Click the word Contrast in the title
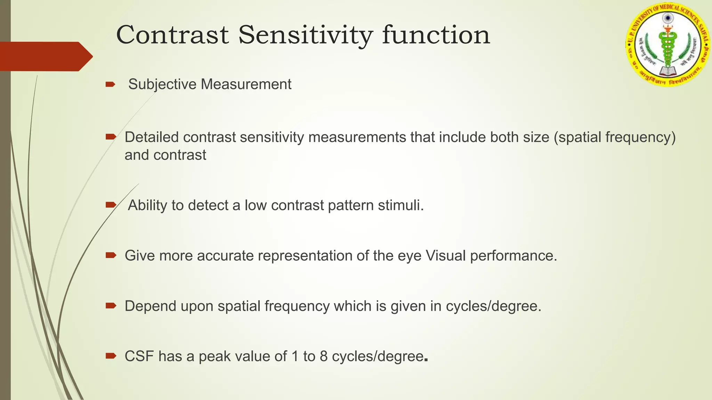[x=172, y=35]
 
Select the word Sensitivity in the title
[x=306, y=35]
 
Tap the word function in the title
[x=436, y=35]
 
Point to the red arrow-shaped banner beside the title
[x=45, y=56]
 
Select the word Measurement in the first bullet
[x=246, y=84]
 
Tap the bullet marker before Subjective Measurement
[x=111, y=84]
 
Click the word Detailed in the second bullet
[x=152, y=137]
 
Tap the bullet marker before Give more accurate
[x=111, y=256]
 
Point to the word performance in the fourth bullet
[x=513, y=256]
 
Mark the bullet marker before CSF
[x=111, y=356]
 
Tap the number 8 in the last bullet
[x=324, y=356]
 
